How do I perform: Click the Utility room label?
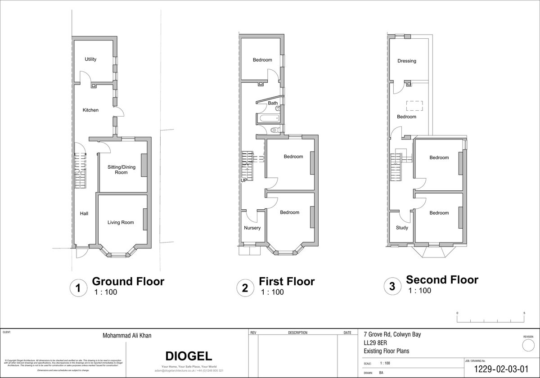[x=90, y=59]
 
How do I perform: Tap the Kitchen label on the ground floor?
[x=90, y=110]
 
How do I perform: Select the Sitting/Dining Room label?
[x=121, y=170]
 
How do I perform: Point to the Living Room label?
[x=121, y=222]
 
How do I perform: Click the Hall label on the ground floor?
[x=84, y=214]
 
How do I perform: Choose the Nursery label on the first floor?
[x=252, y=228]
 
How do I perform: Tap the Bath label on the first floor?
[x=273, y=103]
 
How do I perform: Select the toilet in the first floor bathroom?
[x=276, y=130]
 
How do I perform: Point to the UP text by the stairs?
[x=243, y=180]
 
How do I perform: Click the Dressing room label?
[x=407, y=61]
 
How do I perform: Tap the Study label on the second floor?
[x=402, y=228]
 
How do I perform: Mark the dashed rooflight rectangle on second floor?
[x=415, y=106]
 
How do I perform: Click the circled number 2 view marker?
[x=245, y=287]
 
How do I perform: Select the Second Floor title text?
[x=442, y=279]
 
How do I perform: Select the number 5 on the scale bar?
[x=524, y=312]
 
